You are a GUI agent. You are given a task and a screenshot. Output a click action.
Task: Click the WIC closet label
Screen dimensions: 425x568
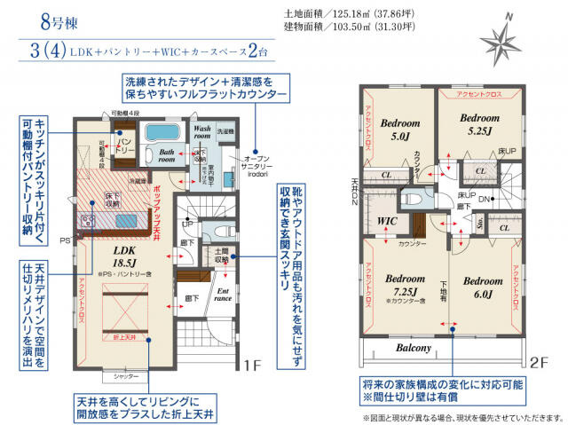388,219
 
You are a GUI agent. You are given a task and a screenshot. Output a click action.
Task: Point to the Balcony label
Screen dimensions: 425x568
414,348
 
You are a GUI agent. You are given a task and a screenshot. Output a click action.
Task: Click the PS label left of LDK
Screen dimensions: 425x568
65,240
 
